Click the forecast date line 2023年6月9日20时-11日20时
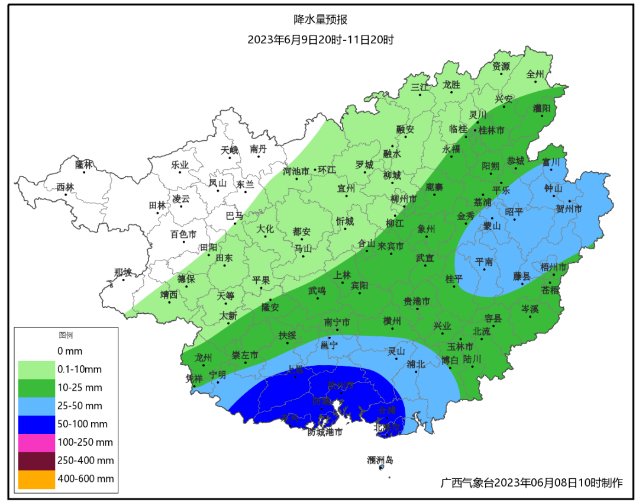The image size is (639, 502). click(x=320, y=40)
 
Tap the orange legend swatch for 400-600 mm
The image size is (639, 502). click(x=36, y=479)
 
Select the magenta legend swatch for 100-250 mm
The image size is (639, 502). click(x=36, y=442)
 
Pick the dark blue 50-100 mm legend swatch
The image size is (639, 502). click(x=36, y=424)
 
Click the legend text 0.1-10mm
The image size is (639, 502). click(x=79, y=369)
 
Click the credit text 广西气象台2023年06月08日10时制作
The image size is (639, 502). click(x=532, y=482)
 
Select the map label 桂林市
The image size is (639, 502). click(x=491, y=130)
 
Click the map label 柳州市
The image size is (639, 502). click(x=404, y=199)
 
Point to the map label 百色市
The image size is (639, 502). click(x=183, y=234)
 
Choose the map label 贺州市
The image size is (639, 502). click(x=569, y=209)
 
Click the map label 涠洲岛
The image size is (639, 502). click(x=380, y=459)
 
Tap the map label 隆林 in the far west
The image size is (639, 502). click(x=85, y=164)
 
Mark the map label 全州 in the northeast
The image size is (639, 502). click(x=535, y=75)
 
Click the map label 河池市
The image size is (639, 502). click(x=296, y=171)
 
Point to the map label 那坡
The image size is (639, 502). click(x=123, y=272)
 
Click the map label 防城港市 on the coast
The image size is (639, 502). click(x=325, y=432)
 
